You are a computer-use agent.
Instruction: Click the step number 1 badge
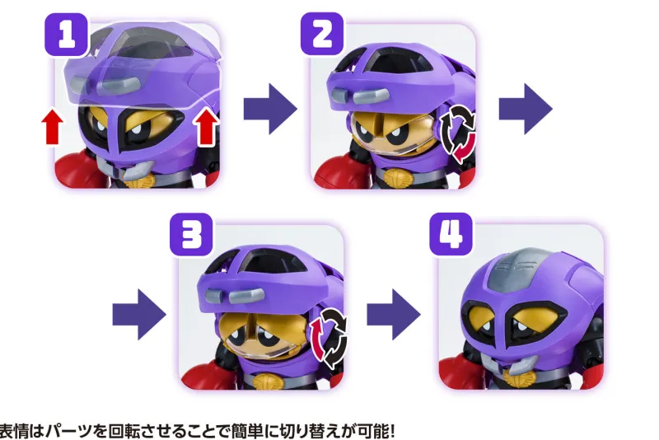pos(67,35)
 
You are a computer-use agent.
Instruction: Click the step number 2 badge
pos(322,34)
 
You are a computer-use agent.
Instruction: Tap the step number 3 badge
pos(191,235)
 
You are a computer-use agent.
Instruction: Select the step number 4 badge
pos(451,234)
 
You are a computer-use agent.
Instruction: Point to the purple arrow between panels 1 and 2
pos(270,110)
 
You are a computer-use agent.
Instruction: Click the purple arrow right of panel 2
pos(526,110)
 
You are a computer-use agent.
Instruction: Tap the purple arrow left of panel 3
pos(139,315)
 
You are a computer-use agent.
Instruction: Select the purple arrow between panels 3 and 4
pos(394,315)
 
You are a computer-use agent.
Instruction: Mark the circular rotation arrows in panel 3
pos(329,339)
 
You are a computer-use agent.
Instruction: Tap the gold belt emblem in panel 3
pos(265,381)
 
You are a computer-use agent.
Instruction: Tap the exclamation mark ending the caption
pos(391,431)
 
